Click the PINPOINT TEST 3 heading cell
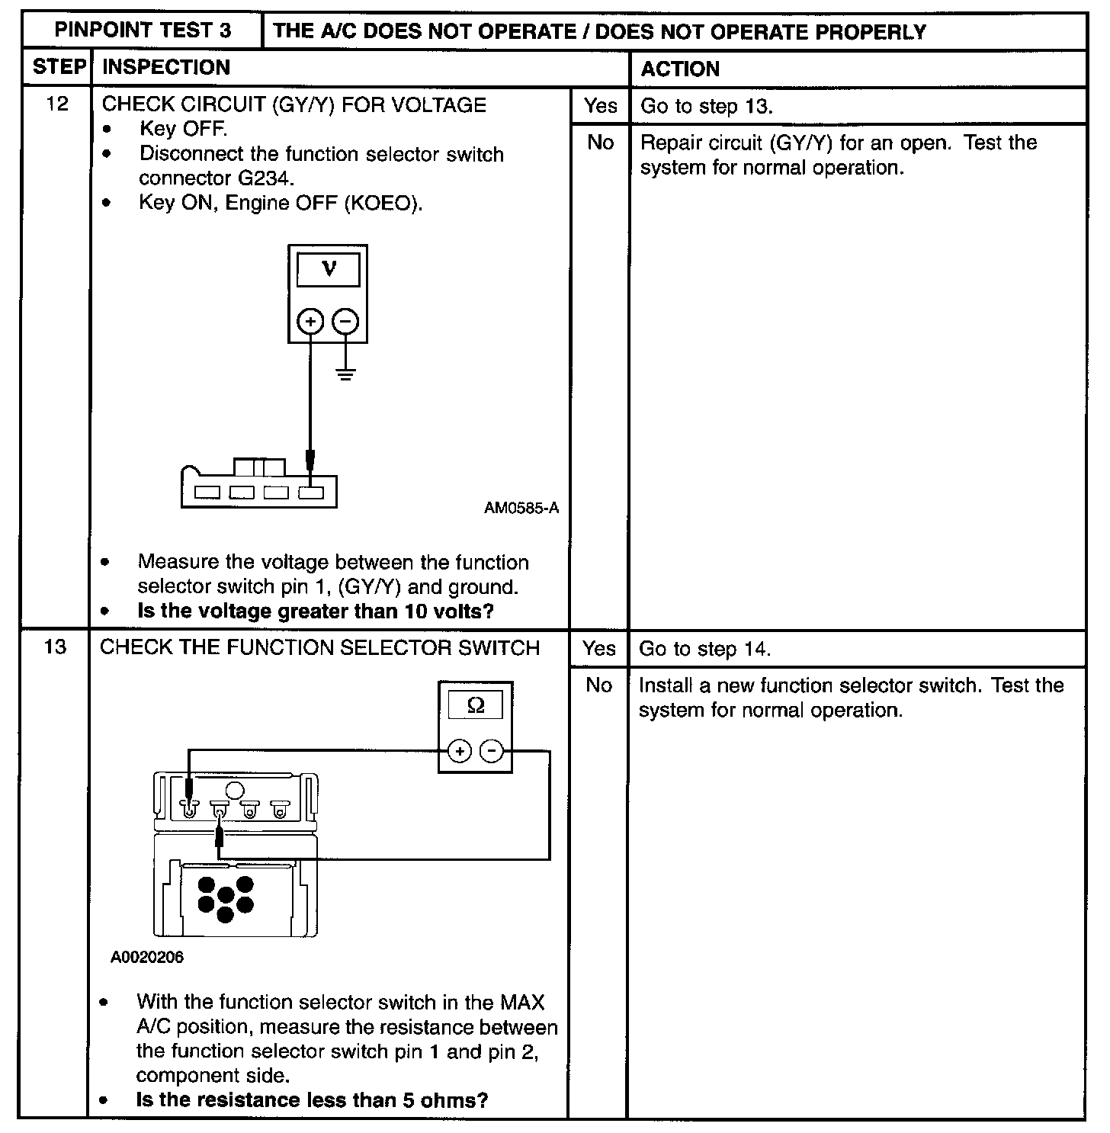pyautogui.click(x=143, y=31)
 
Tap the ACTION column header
pyautogui.click(x=679, y=69)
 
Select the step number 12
pyautogui.click(x=57, y=104)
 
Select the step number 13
pyautogui.click(x=56, y=647)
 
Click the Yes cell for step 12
pyautogui.click(x=600, y=106)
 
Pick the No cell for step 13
pyautogui.click(x=598, y=685)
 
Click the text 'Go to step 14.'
pyautogui.click(x=704, y=649)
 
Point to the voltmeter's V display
pyautogui.click(x=329, y=269)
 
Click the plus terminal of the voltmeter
pyautogui.click(x=310, y=322)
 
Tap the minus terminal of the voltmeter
pyautogui.click(x=346, y=322)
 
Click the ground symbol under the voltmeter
pyautogui.click(x=346, y=374)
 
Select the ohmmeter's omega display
pyautogui.click(x=475, y=705)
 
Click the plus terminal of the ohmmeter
pyautogui.click(x=460, y=752)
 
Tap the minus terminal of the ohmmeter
pyautogui.click(x=492, y=752)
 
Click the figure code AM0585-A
pyautogui.click(x=521, y=508)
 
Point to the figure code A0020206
pyautogui.click(x=147, y=958)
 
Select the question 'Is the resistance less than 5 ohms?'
pyautogui.click(x=312, y=1100)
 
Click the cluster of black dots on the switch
pyautogui.click(x=225, y=898)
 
